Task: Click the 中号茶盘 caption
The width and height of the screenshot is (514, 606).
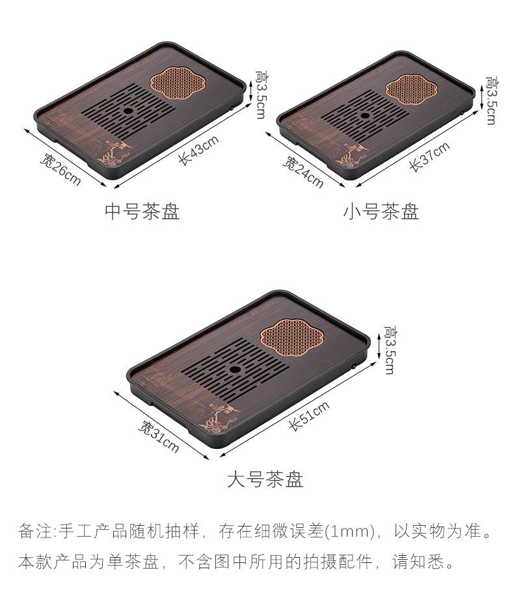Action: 142,211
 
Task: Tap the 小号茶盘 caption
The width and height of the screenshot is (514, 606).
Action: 381,211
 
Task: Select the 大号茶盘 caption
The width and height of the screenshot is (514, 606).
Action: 265,479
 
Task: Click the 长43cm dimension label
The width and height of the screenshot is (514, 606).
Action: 199,151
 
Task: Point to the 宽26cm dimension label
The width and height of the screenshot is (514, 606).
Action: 61,169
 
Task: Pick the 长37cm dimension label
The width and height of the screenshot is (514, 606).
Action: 429,157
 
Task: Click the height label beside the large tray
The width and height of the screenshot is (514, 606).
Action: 390,350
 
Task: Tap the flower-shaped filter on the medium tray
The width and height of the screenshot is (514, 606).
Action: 177,82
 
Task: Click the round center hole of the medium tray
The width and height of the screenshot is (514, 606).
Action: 128,111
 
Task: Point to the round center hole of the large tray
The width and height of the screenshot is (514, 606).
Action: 234,369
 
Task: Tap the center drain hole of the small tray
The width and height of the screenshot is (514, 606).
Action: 364,115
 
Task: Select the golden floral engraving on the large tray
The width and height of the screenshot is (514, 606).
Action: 219,416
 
